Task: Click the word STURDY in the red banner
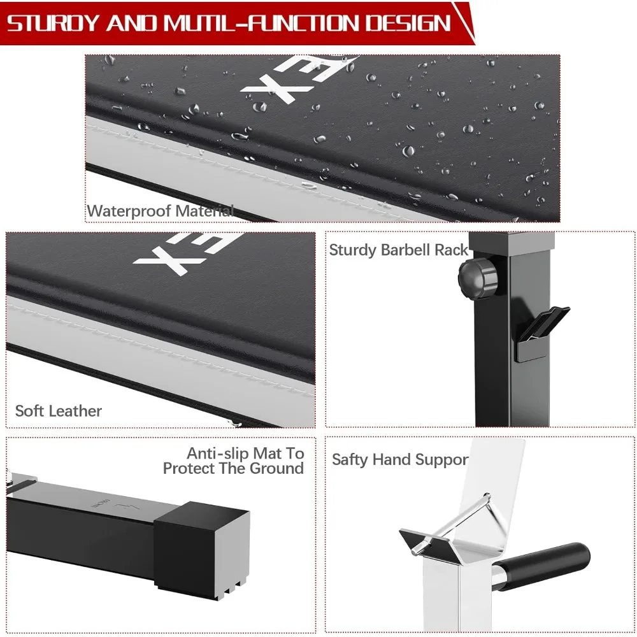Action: coord(53,23)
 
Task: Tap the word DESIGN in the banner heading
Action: coord(408,23)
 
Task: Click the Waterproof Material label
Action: coord(161,211)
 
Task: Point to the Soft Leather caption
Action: coord(59,411)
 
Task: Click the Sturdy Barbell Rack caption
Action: coord(399,250)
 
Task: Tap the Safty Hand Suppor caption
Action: coord(400,459)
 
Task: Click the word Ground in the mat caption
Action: coord(276,468)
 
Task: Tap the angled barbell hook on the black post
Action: coord(540,333)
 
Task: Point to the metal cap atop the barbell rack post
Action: coord(512,241)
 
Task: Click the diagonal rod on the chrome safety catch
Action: coord(451,523)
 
